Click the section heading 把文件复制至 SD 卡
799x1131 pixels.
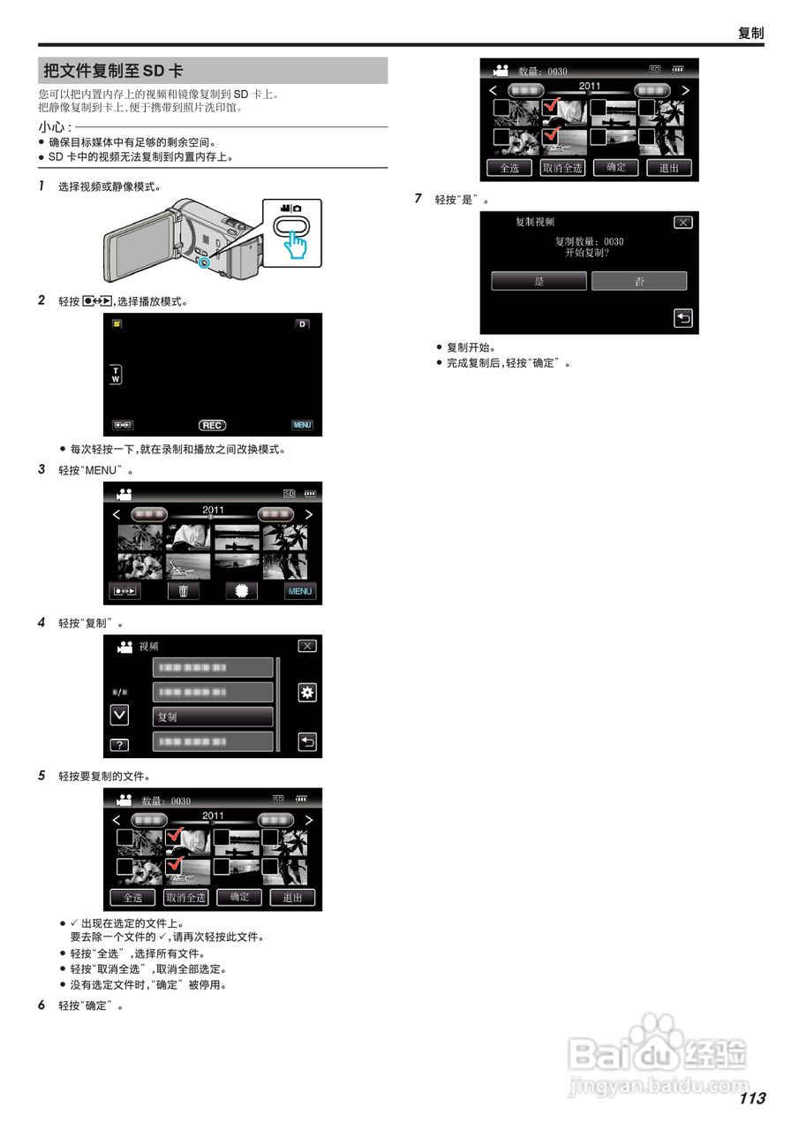click(115, 71)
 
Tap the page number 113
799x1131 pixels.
click(752, 1098)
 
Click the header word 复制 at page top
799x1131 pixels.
click(750, 34)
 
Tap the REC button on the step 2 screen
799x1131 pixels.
click(212, 425)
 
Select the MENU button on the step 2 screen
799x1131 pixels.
click(303, 425)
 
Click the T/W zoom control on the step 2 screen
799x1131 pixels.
click(115, 374)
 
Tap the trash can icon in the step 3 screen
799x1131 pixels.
click(184, 591)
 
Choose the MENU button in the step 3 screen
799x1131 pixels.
click(300, 591)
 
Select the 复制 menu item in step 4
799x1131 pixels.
click(213, 717)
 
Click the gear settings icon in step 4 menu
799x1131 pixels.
click(306, 693)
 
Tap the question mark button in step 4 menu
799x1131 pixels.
click(119, 744)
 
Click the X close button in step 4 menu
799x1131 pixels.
click(306, 646)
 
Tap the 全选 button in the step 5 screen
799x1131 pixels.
click(132, 897)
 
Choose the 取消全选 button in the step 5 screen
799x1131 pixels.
click(185, 897)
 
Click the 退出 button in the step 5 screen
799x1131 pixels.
click(292, 897)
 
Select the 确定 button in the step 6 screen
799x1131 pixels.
click(615, 167)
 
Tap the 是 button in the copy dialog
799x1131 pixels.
click(539, 281)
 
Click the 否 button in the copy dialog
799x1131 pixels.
click(638, 281)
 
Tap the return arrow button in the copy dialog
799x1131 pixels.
click(683, 319)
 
